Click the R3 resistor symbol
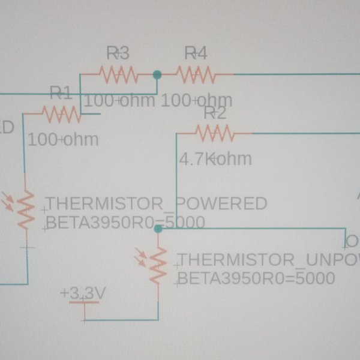pos(118,75)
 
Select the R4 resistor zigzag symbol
pos(196,75)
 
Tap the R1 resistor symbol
pos(61,112)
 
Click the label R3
pos(118,53)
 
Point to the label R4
pos(195,53)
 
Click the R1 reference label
pos(61,92)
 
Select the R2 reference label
pos(215,113)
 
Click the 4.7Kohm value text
pos(215,160)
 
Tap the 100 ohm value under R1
pos(63,139)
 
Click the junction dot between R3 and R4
pos(157,75)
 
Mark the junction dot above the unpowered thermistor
pos(158,229)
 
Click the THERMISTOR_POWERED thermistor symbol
pos(25,209)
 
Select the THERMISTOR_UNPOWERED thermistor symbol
pos(157,266)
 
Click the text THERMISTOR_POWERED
pos(156,203)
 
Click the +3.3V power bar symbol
pos(83,302)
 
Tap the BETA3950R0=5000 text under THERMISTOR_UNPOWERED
pos(256,279)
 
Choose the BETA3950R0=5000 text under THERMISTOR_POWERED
pos(125,223)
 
